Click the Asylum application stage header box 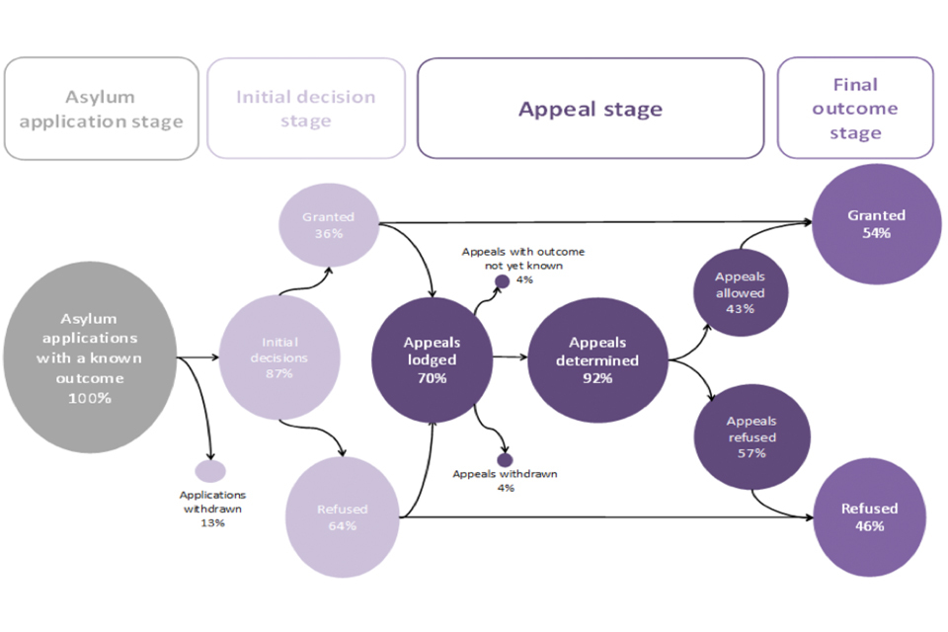tap(101, 109)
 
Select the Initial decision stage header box tap(305, 109)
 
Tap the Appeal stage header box tap(591, 109)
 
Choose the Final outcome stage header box tap(855, 108)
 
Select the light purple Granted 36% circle tap(329, 225)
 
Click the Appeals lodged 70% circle tap(432, 359)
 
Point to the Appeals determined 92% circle tap(596, 359)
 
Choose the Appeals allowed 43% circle tap(740, 292)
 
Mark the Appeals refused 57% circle tap(752, 437)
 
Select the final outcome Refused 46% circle tap(870, 517)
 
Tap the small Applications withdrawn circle tap(210, 471)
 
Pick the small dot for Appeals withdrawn tap(505, 459)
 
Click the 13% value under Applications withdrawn tap(212, 522)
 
